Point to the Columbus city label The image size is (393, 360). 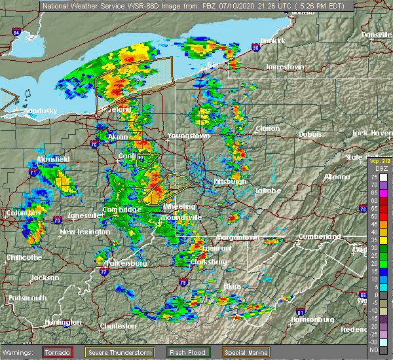pos(24,213)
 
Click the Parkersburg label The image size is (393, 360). pos(126,264)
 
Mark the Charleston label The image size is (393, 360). pos(118,326)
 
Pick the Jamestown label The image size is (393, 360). pos(284,67)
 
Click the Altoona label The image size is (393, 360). pos(337,177)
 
